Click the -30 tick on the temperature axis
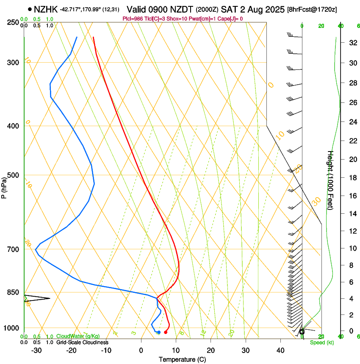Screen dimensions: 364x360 pyautogui.click(x=36, y=350)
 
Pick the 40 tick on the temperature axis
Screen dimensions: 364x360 pyautogui.click(x=280, y=350)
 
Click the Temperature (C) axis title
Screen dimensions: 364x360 pyautogui.click(x=182, y=359)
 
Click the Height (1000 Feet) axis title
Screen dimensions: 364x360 pyautogui.click(x=331, y=180)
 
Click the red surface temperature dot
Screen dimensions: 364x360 pyautogui.click(x=166, y=332)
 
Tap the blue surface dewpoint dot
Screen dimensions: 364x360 pyautogui.click(x=159, y=332)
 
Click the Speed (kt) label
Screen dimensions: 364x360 pyautogui.click(x=322, y=342)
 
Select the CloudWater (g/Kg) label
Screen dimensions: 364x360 pyautogui.click(x=78, y=336)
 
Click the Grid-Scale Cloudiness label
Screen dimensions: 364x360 pyautogui.click(x=82, y=342)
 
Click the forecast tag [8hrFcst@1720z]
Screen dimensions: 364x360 pyautogui.click(x=311, y=9)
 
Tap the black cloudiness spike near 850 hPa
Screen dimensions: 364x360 pyautogui.click(x=38, y=298)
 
